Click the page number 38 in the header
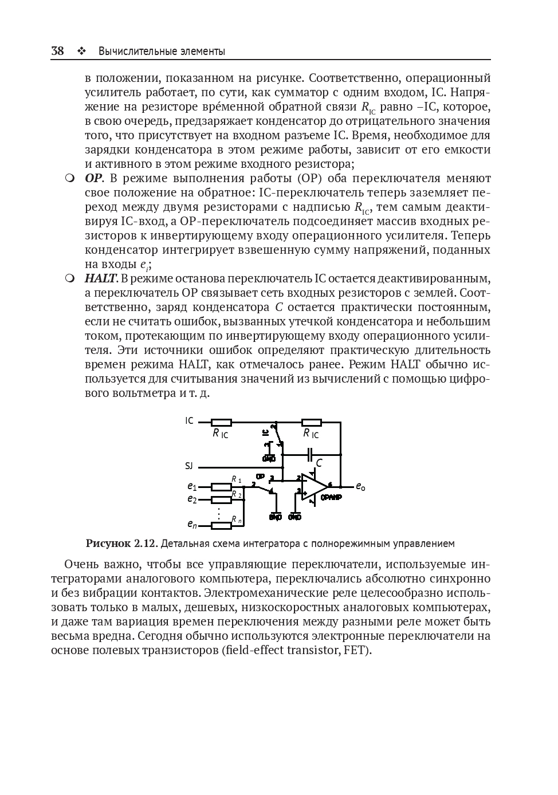(57, 51)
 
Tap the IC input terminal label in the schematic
(189, 421)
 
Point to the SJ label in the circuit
(189, 466)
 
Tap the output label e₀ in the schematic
(360, 487)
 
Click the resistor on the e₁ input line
(221, 487)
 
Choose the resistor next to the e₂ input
(221, 499)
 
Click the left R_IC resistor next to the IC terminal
(221, 423)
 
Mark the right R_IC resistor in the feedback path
(312, 423)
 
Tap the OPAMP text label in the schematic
(331, 498)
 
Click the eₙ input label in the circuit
(192, 524)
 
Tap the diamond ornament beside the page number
(81, 52)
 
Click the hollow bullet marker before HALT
(70, 279)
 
